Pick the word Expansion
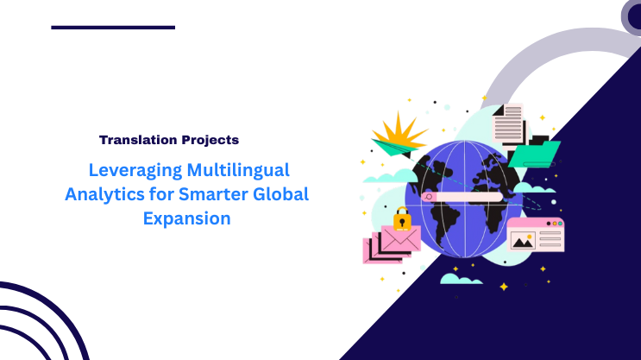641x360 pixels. pos(186,218)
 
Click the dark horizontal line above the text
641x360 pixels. pos(113,28)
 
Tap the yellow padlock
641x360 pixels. pos(401,220)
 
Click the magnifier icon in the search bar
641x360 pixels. pos(429,198)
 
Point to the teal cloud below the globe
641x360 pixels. pos(461,278)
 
